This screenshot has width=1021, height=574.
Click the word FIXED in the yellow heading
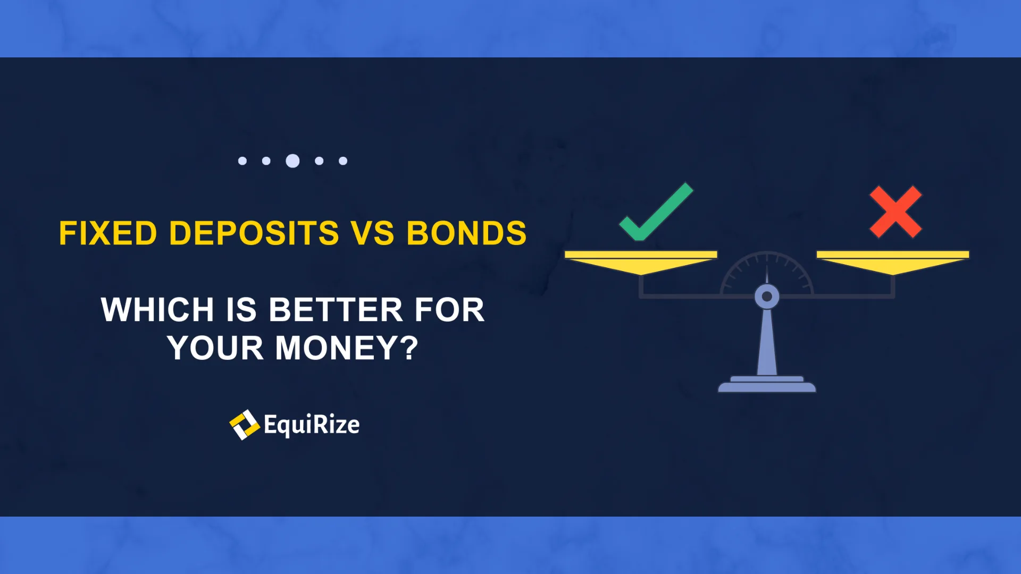tap(108, 233)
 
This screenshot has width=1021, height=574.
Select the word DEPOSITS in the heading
tap(254, 233)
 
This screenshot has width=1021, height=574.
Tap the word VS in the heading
tap(372, 233)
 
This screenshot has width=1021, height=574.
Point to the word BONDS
tap(466, 233)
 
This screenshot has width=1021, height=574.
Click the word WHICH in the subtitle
tap(157, 310)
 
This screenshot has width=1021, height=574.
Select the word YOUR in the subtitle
tap(215, 348)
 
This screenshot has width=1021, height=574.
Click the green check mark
tap(656, 212)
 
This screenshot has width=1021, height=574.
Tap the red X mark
tap(896, 212)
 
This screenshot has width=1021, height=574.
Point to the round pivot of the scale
tap(767, 297)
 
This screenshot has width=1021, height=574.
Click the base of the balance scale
tap(767, 384)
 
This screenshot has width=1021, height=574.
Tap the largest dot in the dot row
tap(292, 161)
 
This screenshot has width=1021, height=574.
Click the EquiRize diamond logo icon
tap(244, 425)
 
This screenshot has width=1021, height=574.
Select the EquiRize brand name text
tap(312, 425)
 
